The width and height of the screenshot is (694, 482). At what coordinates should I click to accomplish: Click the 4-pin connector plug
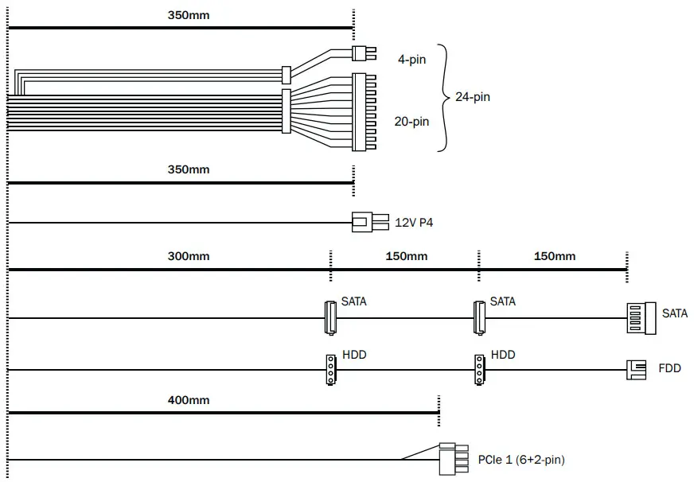362,53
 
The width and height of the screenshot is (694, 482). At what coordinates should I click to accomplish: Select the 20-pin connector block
359,111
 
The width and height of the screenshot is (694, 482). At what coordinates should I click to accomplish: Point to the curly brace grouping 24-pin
444,97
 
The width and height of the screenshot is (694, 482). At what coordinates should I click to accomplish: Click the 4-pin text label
411,59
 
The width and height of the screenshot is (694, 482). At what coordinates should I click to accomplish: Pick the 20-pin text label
411,122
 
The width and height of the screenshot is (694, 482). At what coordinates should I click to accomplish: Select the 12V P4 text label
414,223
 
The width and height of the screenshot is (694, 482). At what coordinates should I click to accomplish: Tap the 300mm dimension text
189,256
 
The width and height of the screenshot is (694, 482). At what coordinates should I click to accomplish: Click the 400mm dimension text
189,400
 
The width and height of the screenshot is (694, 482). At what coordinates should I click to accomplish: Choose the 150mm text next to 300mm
406,256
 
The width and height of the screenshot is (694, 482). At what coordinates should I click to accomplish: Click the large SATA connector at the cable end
640,317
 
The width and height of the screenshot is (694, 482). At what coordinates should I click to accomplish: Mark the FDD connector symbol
637,369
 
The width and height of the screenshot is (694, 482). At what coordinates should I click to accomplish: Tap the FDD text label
669,369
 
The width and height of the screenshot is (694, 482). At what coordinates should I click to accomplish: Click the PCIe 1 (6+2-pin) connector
453,459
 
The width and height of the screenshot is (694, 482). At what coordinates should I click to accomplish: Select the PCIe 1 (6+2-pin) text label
522,460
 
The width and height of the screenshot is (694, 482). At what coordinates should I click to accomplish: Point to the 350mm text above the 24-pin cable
189,15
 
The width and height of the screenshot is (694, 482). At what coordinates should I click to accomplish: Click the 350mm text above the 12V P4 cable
189,169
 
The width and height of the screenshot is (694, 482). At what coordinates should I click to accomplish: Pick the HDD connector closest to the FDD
478,369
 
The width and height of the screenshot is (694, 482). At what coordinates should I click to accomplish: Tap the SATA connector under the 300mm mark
330,317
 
